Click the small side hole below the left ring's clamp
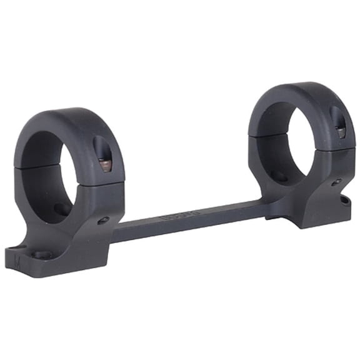104,220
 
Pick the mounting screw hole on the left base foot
42,254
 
